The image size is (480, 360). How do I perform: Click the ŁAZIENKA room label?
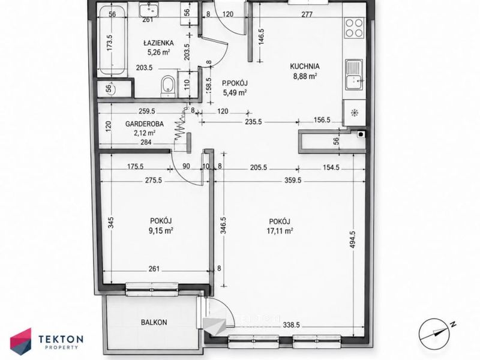[x=158, y=43]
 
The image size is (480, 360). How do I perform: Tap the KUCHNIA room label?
[x=305, y=66]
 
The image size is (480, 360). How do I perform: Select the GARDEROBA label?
[x=145, y=124]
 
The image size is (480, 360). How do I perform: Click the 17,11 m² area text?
[x=280, y=231]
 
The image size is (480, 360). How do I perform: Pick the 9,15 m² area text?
[x=161, y=231]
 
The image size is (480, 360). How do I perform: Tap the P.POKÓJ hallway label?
[x=235, y=83]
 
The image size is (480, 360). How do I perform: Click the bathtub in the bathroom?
[x=112, y=41]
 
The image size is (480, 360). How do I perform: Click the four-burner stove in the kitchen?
[x=355, y=28]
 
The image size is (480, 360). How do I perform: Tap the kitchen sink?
[x=355, y=75]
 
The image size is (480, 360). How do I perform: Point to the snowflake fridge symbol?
[x=355, y=113]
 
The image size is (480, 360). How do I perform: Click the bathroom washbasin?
[x=149, y=10]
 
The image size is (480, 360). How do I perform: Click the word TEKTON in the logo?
[x=61, y=339]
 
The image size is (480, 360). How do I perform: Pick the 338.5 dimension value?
[x=291, y=325]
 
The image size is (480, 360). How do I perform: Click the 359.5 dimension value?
[x=293, y=181]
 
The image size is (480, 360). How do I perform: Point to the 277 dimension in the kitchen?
[x=307, y=14]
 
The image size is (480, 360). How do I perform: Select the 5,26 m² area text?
[x=158, y=52]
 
